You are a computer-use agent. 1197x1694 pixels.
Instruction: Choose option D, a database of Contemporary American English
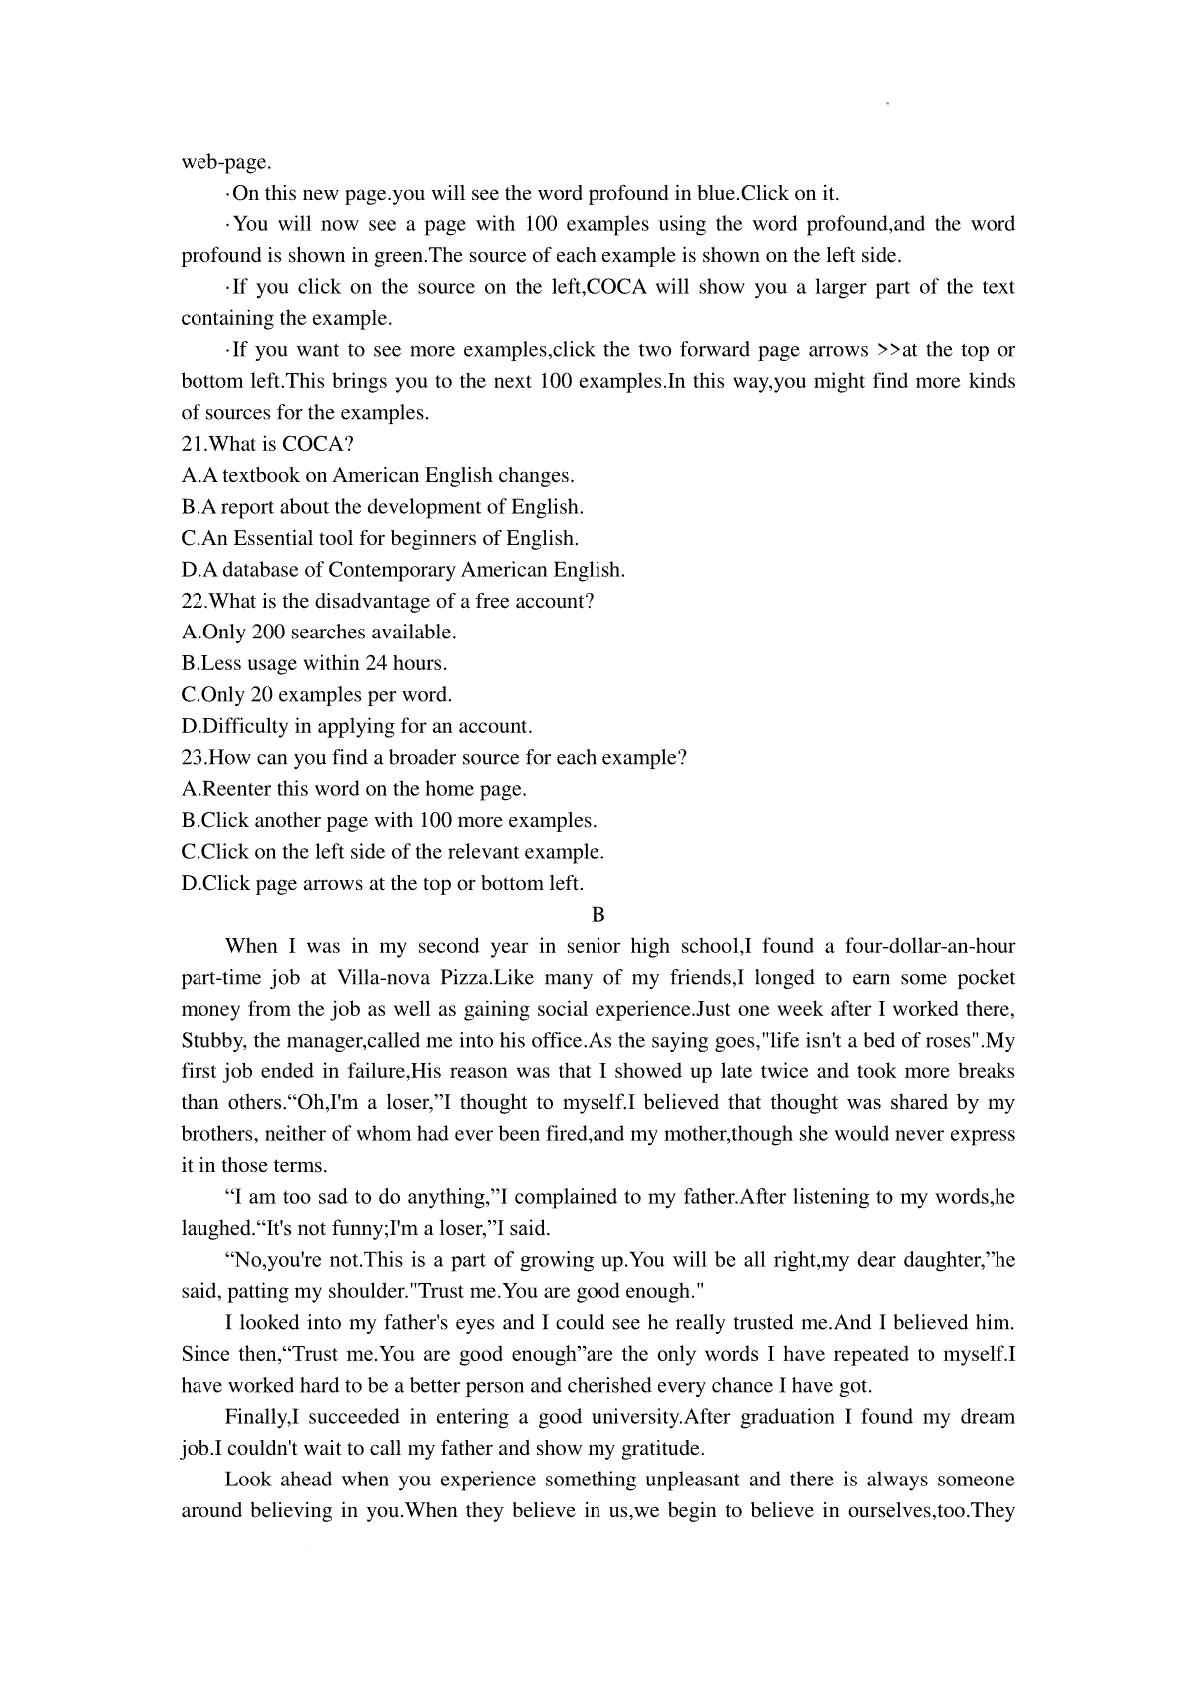(403, 570)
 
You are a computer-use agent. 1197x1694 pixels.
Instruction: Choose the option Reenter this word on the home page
(354, 789)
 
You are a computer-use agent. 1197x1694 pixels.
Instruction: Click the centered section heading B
(598, 915)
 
